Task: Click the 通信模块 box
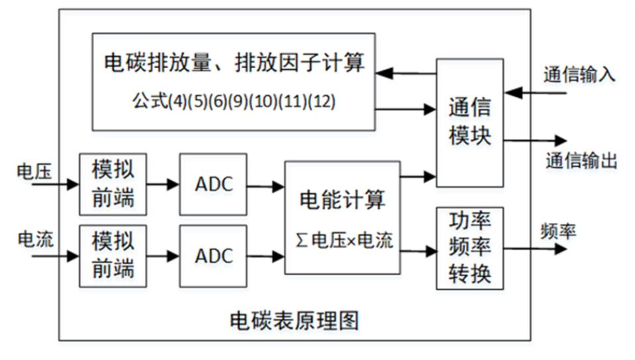tap(469, 122)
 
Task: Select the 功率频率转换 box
tap(469, 247)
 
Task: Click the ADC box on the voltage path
tap(213, 184)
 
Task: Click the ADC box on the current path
tap(213, 255)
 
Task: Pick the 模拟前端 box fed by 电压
tap(113, 184)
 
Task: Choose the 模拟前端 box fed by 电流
tap(113, 255)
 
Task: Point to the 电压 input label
tap(30, 171)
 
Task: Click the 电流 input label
tap(30, 239)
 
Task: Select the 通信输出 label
tap(581, 161)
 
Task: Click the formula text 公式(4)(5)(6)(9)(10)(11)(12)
tap(233, 102)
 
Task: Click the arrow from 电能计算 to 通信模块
tap(418, 176)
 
